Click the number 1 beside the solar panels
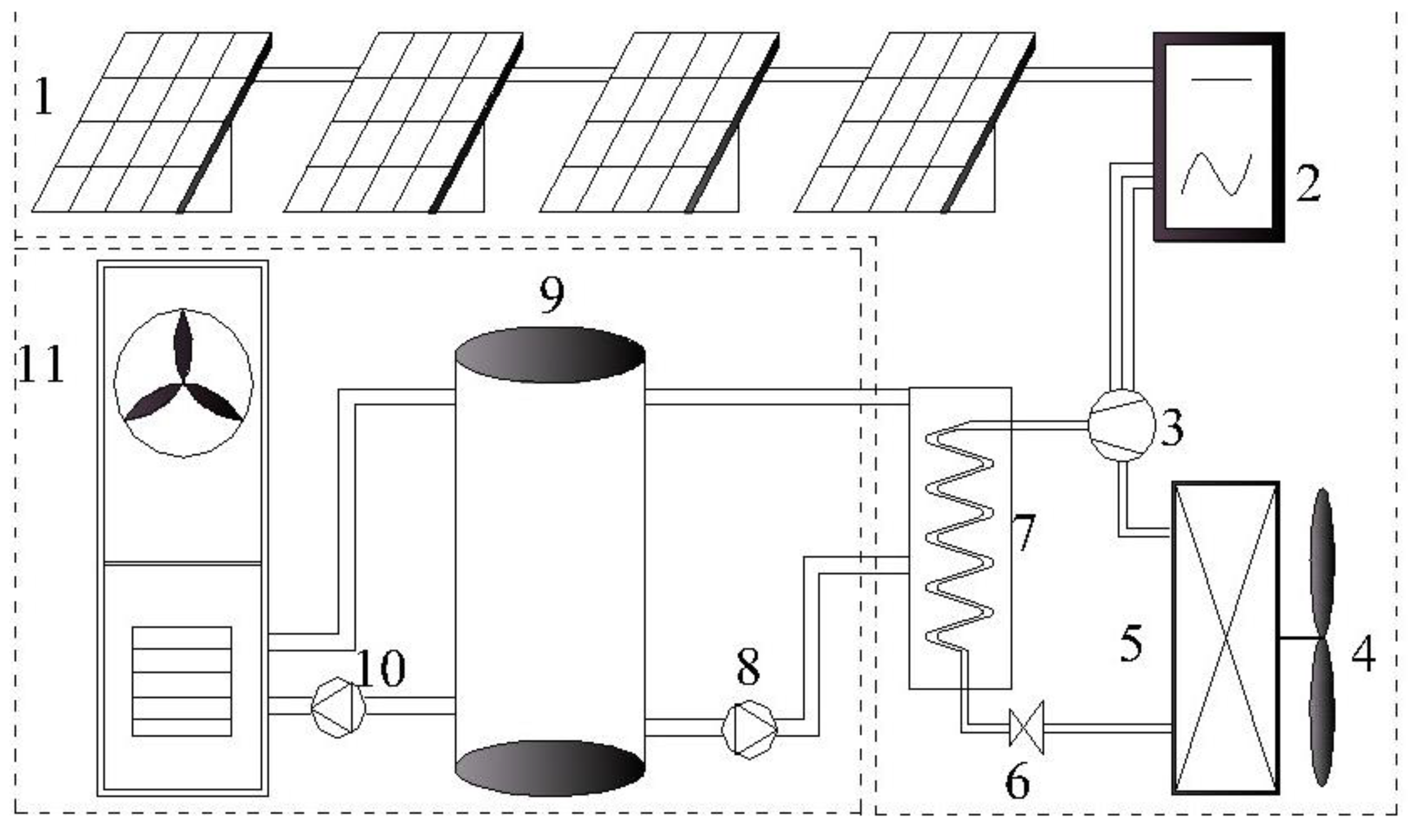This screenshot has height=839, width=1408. pos(43,97)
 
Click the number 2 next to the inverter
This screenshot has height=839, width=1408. pos(1308,184)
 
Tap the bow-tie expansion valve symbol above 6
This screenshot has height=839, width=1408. pos(1026,728)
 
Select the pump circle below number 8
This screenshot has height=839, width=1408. pos(749,730)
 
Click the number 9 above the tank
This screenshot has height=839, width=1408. pos(551,295)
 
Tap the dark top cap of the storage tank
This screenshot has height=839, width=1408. pos(550,355)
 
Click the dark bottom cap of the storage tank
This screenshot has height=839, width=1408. pos(550,769)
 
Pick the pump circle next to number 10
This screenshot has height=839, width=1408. pos(338,707)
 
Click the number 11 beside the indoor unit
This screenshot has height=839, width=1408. pos(41,365)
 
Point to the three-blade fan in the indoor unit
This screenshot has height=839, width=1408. pos(183,383)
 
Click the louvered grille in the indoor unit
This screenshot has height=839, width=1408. pos(182,681)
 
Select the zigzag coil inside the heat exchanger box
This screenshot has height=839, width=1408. pos(959,537)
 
